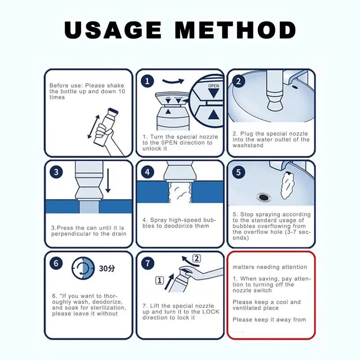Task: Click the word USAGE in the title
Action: (113, 30)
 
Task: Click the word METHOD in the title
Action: (235, 30)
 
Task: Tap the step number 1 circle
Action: (147, 81)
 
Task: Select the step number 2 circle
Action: (238, 81)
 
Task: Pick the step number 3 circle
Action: (56, 172)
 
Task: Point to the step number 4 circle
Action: (147, 172)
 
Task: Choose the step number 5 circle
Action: (238, 172)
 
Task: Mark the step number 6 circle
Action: (56, 263)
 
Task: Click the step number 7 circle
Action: (147, 263)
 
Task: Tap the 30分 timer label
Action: (107, 268)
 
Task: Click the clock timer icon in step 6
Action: (83, 268)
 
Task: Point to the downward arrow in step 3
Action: (108, 181)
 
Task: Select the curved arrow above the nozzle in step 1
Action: (173, 81)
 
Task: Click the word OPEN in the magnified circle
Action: (213, 86)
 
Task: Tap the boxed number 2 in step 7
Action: (197, 258)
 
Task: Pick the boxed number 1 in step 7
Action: (160, 280)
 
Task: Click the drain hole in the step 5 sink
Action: (264, 197)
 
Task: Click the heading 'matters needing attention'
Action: (270, 267)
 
